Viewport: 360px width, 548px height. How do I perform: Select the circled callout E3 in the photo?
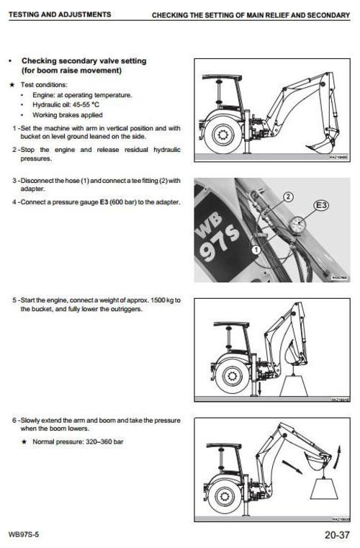(x=321, y=207)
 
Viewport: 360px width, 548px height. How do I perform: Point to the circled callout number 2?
(x=287, y=195)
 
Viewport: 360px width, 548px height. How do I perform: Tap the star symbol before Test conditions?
(x=12, y=84)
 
